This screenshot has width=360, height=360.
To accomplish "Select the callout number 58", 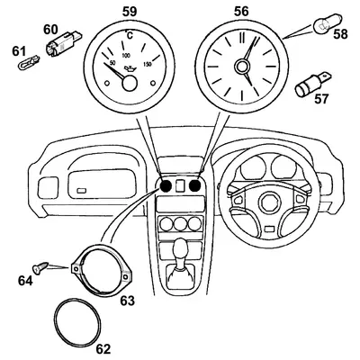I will click(338, 36).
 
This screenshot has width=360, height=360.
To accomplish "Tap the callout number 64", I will click(26, 281).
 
